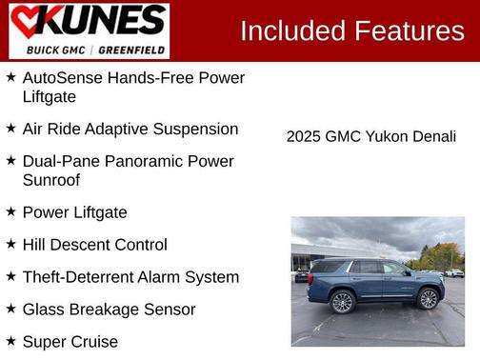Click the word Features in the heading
(410, 31)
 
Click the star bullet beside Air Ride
(10, 129)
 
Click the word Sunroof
(50, 180)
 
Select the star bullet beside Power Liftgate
(10, 212)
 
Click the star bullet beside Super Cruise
(10, 342)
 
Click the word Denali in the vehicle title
(434, 137)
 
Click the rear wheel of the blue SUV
(342, 301)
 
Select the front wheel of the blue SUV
(428, 299)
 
